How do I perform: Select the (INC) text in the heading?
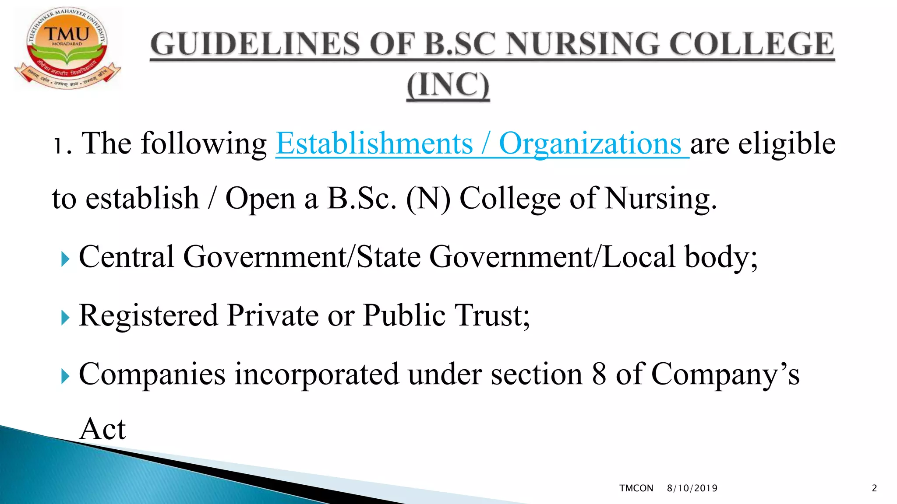pyautogui.click(x=448, y=85)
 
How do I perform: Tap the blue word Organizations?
pyautogui.click(x=590, y=143)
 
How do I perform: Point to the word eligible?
pyautogui.click(x=787, y=143)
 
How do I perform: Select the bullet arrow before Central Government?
pyautogui.click(x=65, y=259)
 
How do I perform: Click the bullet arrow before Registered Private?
pyautogui.click(x=65, y=318)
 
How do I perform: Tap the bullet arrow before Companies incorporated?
pyautogui.click(x=65, y=376)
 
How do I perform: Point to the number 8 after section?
pyautogui.click(x=599, y=374)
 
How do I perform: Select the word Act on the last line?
pyautogui.click(x=102, y=429)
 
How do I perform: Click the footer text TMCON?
pyautogui.click(x=636, y=488)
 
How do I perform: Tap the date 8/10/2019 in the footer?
pyautogui.click(x=692, y=488)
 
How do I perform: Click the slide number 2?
pyautogui.click(x=874, y=488)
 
